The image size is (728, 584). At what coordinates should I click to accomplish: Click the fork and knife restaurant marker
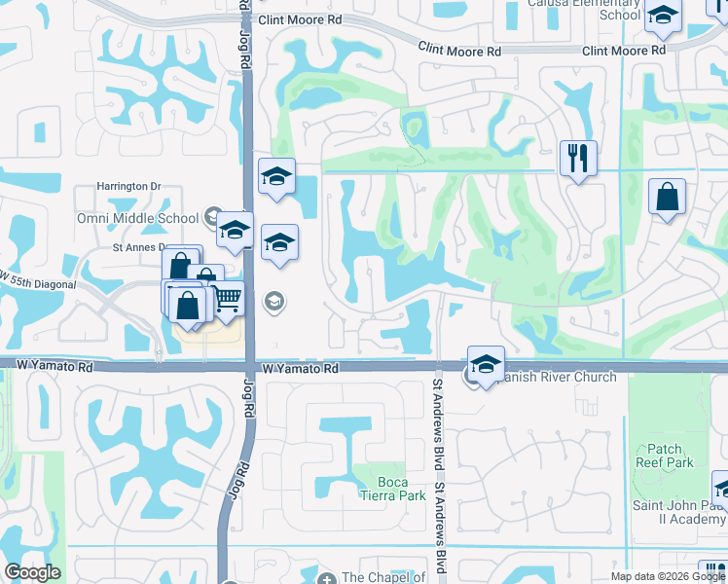pyautogui.click(x=578, y=158)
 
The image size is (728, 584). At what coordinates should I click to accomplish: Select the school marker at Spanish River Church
pyautogui.click(x=486, y=365)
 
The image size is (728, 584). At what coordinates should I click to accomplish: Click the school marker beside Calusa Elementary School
pyautogui.click(x=663, y=17)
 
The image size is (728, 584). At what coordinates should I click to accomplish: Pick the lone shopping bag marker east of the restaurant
pyautogui.click(x=668, y=198)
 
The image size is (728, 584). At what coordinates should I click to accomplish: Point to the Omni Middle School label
pyautogui.click(x=137, y=218)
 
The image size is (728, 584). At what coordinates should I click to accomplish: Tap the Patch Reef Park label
pyautogui.click(x=664, y=456)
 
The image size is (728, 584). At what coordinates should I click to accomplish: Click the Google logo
pyautogui.click(x=32, y=571)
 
